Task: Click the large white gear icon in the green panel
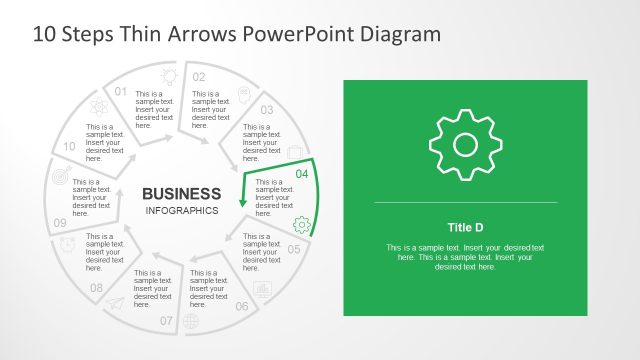465,145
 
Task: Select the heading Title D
465,226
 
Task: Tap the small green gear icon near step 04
301,224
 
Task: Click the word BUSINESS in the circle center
182,193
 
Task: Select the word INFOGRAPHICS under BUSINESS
182,211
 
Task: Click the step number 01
122,92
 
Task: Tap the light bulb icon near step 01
168,75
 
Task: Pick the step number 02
199,77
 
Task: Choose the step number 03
267,110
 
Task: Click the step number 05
294,249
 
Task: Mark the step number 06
242,306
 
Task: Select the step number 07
166,321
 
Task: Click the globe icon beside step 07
191,321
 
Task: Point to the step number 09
60,223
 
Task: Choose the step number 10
69,146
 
